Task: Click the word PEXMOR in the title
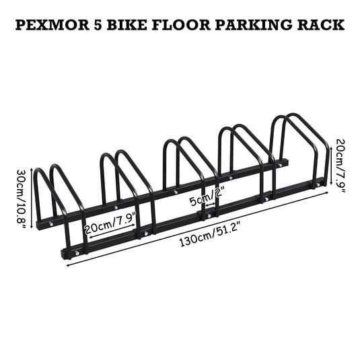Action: (52, 25)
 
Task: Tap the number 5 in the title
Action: (98, 25)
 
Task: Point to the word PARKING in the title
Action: (254, 25)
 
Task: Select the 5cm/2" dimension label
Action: (206, 197)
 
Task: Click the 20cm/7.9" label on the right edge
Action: (340, 166)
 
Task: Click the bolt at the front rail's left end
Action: (77, 253)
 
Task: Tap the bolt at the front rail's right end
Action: (318, 184)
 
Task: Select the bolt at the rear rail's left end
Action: (51, 224)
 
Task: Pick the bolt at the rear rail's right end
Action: (280, 165)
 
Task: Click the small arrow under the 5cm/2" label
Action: (211, 205)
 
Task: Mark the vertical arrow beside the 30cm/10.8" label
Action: (32, 198)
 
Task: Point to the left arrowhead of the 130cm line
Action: (69, 266)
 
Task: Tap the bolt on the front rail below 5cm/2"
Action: (209, 215)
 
